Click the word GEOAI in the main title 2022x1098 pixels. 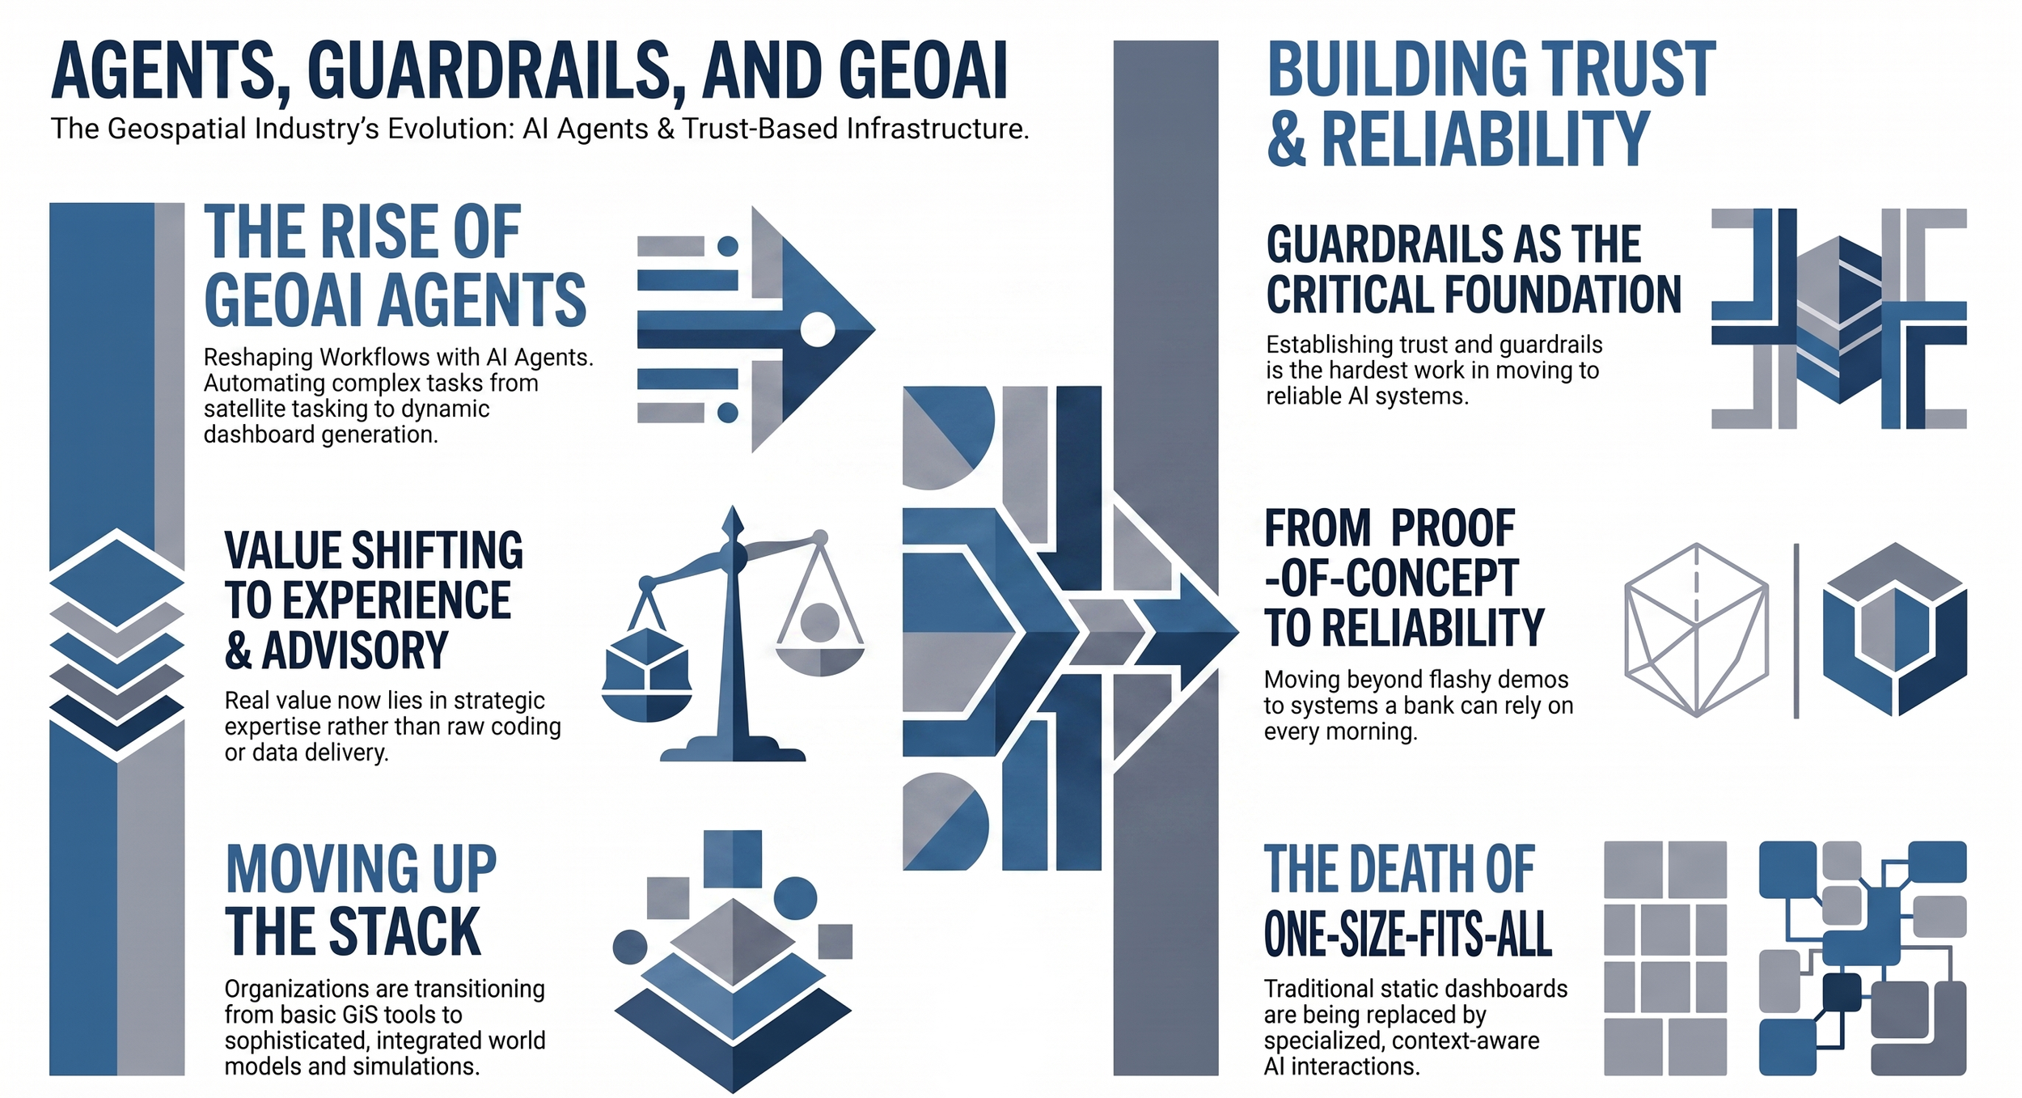click(923, 70)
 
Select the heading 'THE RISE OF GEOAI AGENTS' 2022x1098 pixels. click(395, 266)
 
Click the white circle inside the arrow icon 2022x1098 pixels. click(817, 329)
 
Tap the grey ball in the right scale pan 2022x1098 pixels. click(819, 622)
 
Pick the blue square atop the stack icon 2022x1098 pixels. click(733, 858)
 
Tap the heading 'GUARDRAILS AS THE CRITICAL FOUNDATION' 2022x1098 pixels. click(1473, 269)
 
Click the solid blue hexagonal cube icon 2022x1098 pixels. click(1894, 630)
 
